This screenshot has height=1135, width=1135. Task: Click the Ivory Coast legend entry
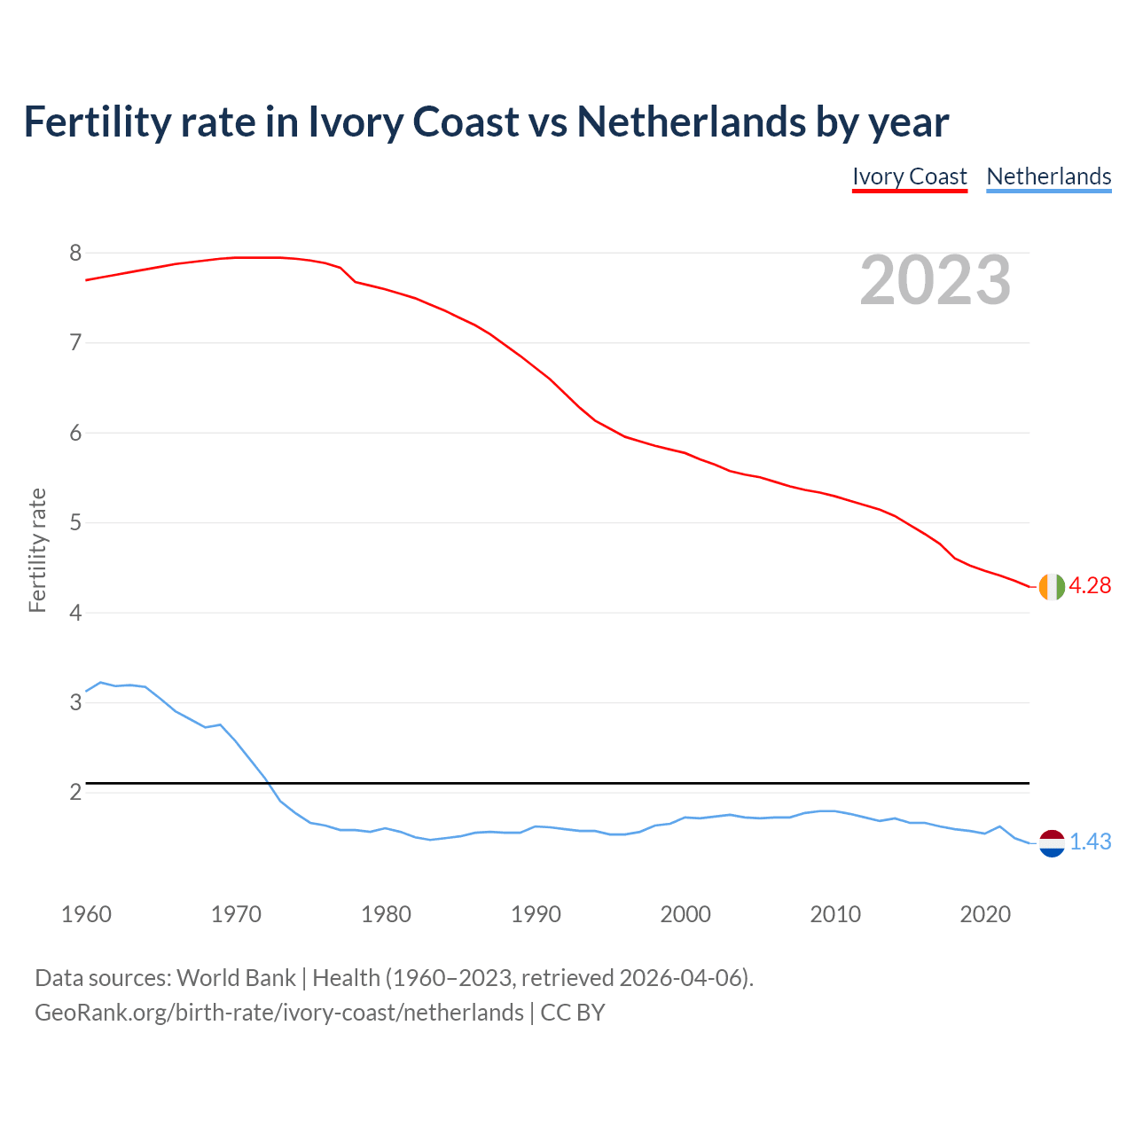(909, 176)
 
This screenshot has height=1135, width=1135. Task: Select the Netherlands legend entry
(1049, 176)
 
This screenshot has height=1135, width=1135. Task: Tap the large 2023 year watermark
(935, 281)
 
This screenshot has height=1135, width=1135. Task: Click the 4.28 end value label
(1090, 586)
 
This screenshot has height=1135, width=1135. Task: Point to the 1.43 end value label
(1090, 842)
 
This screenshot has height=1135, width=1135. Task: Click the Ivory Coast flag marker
(1052, 587)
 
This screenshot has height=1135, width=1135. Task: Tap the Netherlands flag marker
(1052, 843)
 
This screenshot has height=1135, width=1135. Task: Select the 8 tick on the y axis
(75, 254)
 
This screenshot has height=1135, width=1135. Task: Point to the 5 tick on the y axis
(75, 523)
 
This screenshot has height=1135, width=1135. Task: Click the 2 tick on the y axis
(75, 792)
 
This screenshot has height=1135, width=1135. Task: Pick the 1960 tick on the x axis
(86, 914)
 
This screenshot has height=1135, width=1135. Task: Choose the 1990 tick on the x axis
(536, 914)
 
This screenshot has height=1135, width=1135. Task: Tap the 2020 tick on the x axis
(985, 914)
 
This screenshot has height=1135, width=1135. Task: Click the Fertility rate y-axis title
(37, 550)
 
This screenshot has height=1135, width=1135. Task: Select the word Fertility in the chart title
(97, 121)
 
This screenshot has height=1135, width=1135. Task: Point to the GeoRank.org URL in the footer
(279, 1013)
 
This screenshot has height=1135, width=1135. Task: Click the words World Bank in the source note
(236, 978)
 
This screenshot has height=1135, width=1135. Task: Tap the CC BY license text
(573, 1013)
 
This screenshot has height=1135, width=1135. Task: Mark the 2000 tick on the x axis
(685, 914)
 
